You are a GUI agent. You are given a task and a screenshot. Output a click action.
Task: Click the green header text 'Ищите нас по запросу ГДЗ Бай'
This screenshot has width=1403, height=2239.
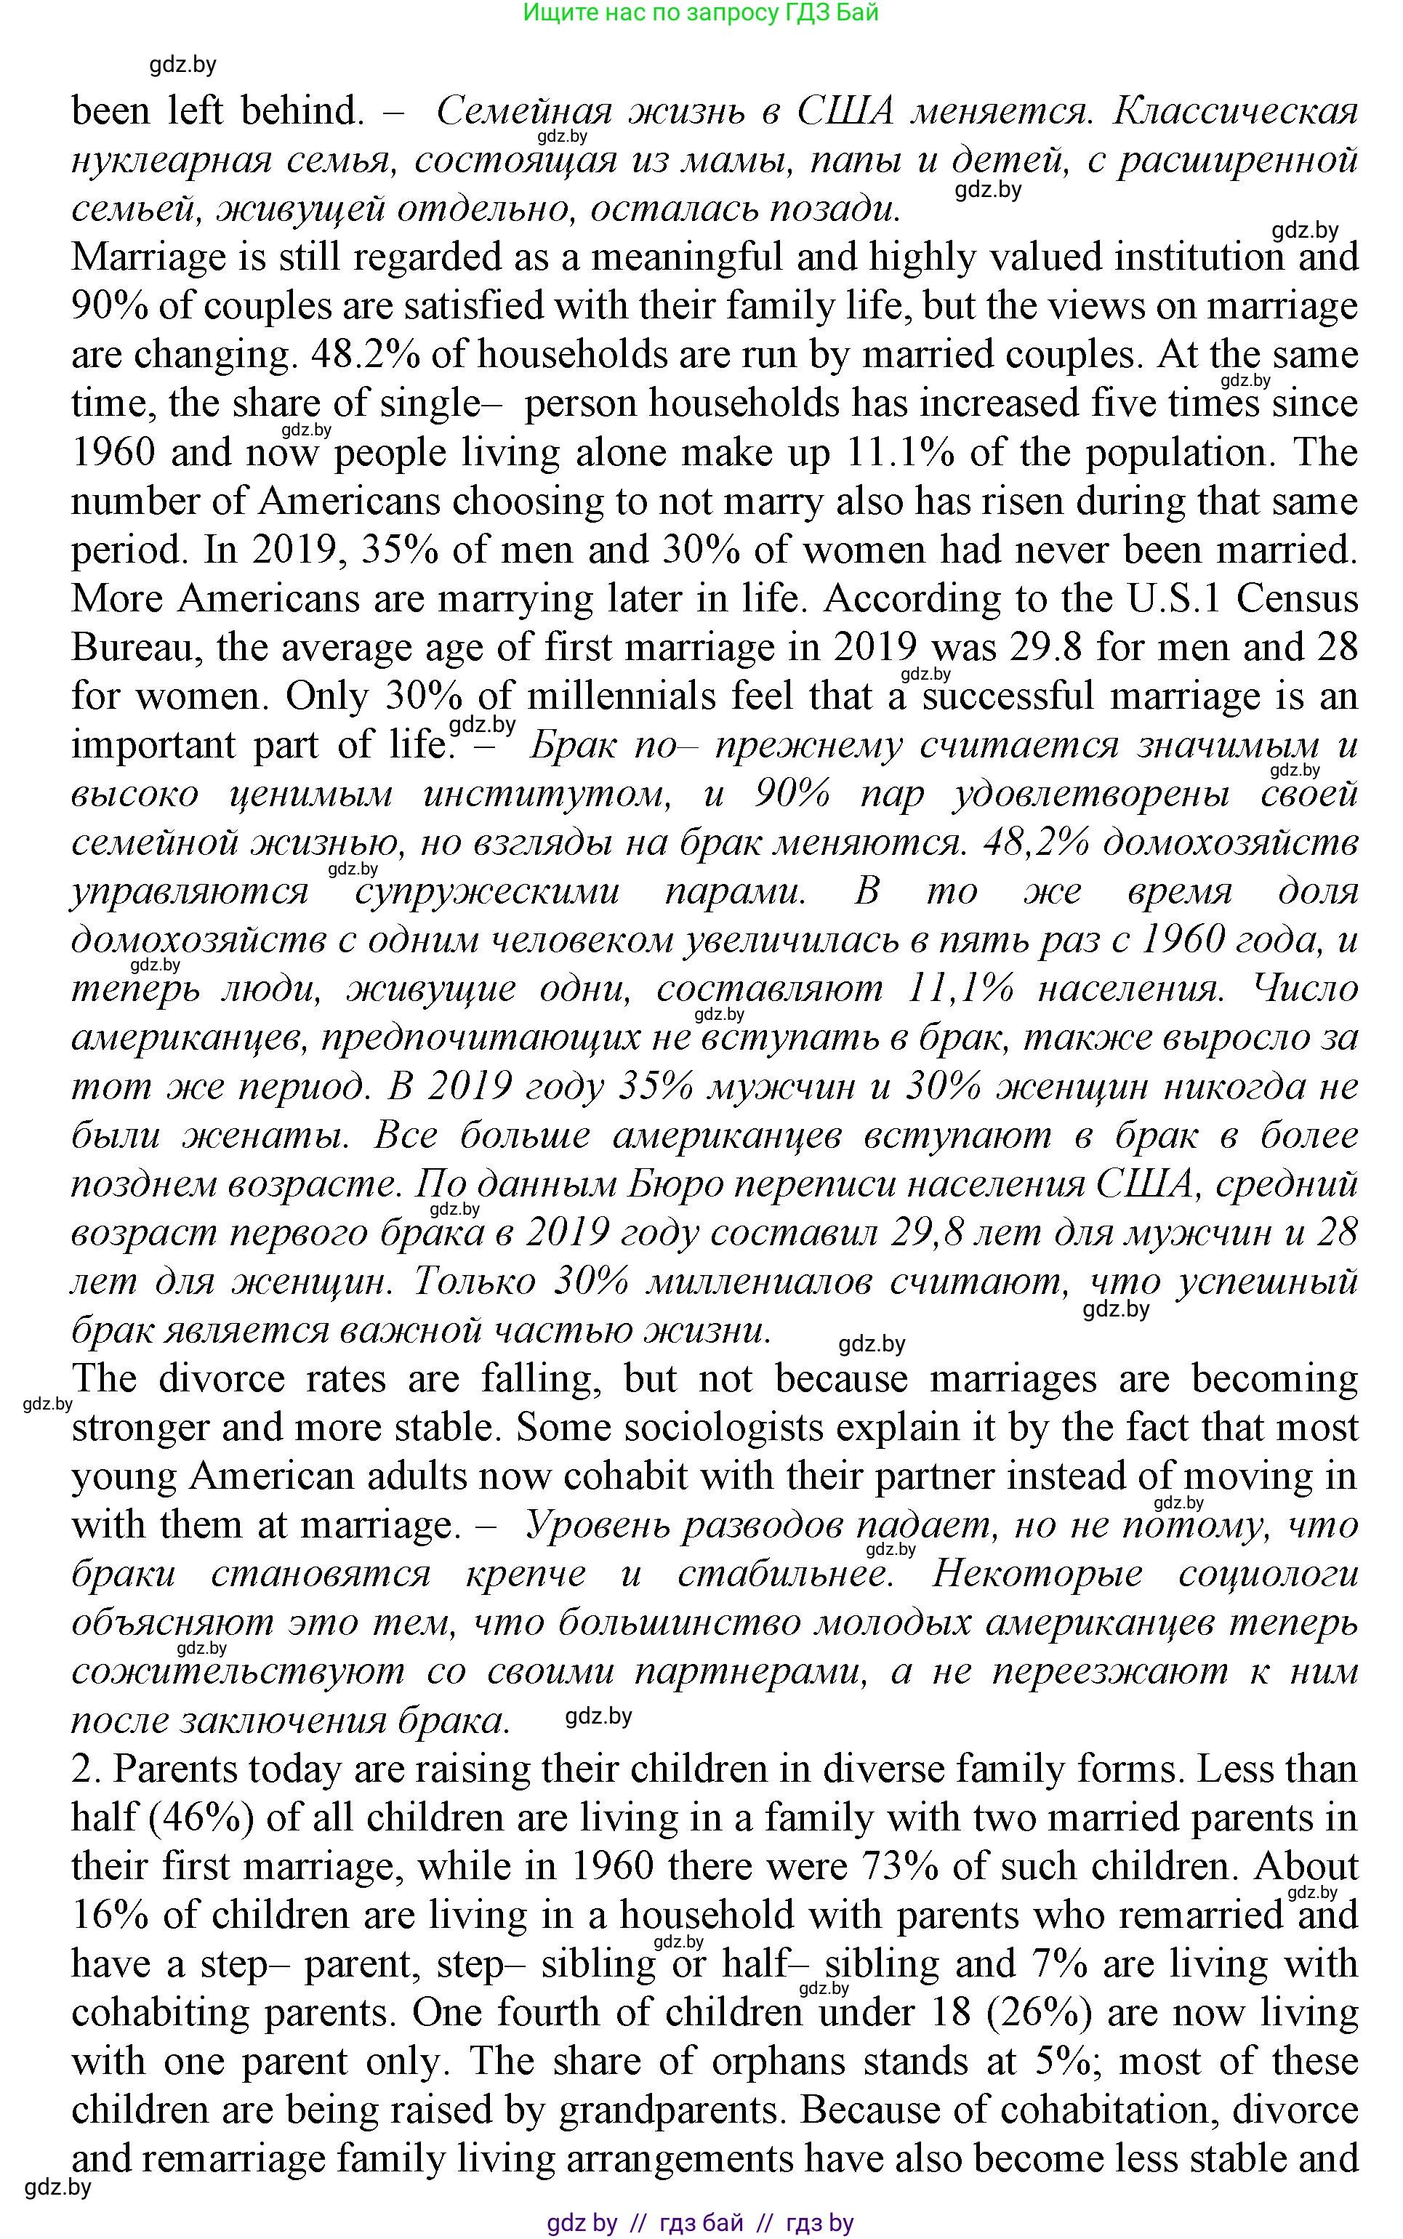[x=701, y=13]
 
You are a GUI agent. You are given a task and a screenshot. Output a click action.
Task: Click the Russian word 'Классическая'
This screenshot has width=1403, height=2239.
[x=1235, y=111]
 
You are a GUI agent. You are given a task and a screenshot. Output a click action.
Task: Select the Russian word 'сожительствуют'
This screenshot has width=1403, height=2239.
[x=238, y=1672]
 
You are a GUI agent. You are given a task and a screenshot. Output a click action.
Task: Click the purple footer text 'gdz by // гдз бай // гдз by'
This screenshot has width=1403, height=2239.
[x=701, y=2222]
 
